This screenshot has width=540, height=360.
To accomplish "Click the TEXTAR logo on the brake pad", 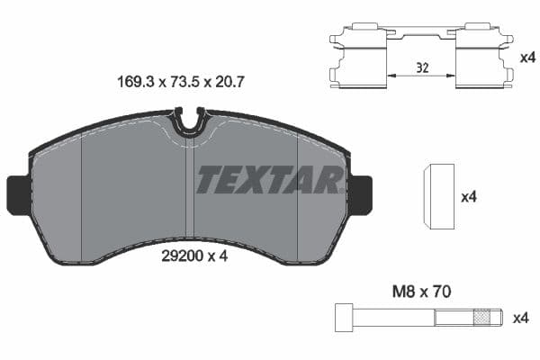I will [x=269, y=180].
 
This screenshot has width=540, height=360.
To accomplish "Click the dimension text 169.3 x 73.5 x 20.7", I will [x=182, y=80].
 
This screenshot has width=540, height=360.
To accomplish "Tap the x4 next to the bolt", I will [x=520, y=317].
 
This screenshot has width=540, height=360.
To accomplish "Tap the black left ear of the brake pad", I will [x=18, y=193].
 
